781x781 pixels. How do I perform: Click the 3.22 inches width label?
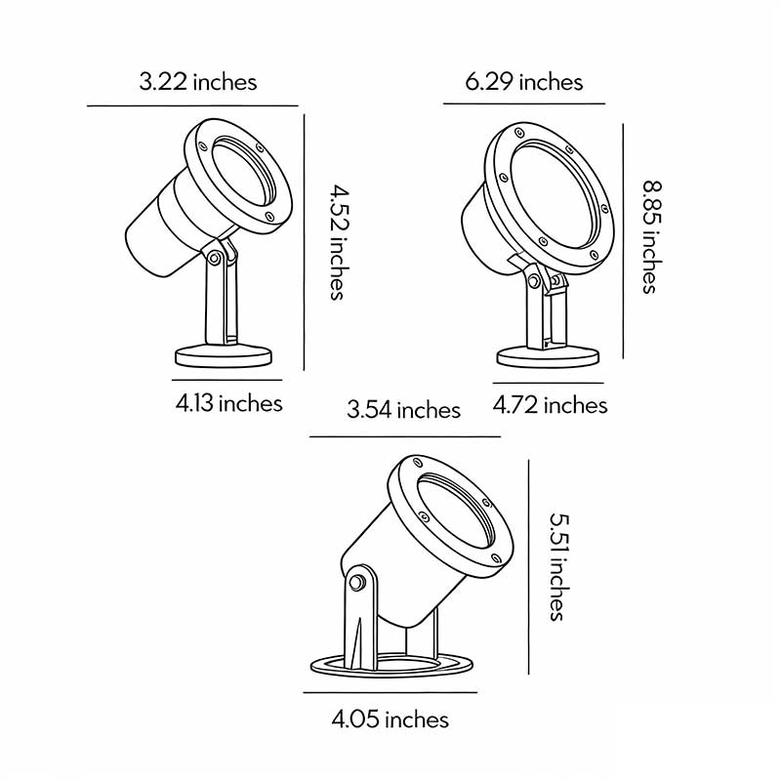pos(198,81)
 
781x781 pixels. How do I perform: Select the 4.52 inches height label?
pos(336,240)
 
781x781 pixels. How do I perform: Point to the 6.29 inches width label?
pos(524,81)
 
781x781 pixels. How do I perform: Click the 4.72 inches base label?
pos(550,404)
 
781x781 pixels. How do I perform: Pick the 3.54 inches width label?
pos(403,409)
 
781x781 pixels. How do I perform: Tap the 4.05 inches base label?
pos(390,720)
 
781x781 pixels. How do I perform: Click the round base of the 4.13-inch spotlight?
pos(224,355)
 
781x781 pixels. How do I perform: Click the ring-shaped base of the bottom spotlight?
pos(390,665)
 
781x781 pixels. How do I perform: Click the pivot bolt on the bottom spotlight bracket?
pos(357,583)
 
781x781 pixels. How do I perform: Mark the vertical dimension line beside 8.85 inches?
pos(623,240)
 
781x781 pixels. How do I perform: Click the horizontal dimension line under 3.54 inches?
pos(404,436)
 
